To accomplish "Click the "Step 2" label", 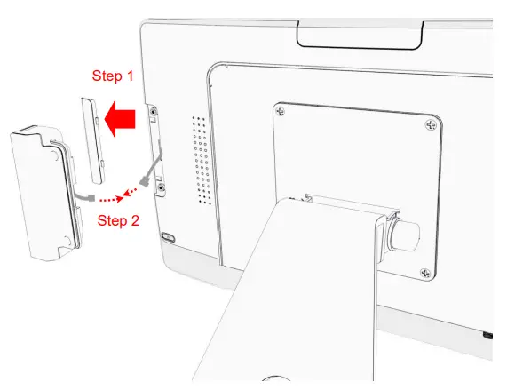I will (x=117, y=219).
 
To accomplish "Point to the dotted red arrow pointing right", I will (x=109, y=199).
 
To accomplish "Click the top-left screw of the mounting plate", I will (x=281, y=112).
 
